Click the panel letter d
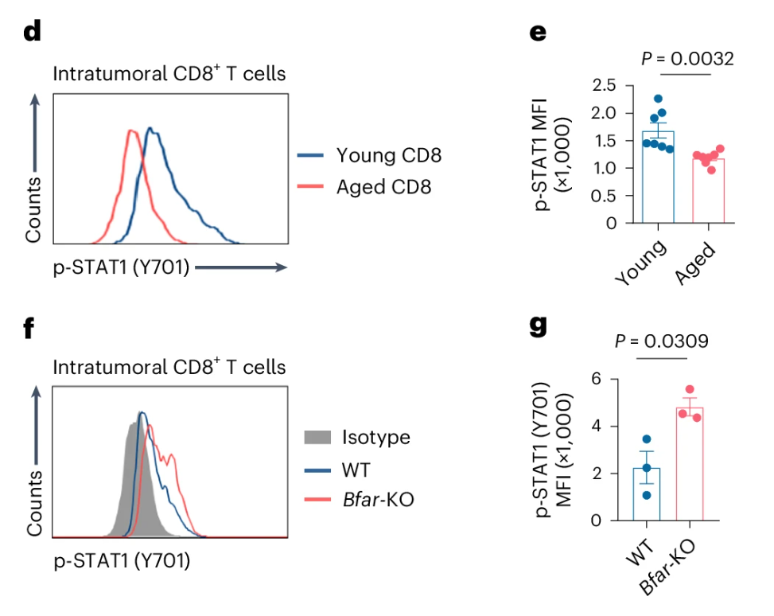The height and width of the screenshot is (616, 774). [33, 33]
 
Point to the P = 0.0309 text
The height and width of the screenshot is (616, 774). [662, 341]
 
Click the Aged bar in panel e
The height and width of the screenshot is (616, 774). [708, 191]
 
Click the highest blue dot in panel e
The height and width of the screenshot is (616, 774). [658, 99]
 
